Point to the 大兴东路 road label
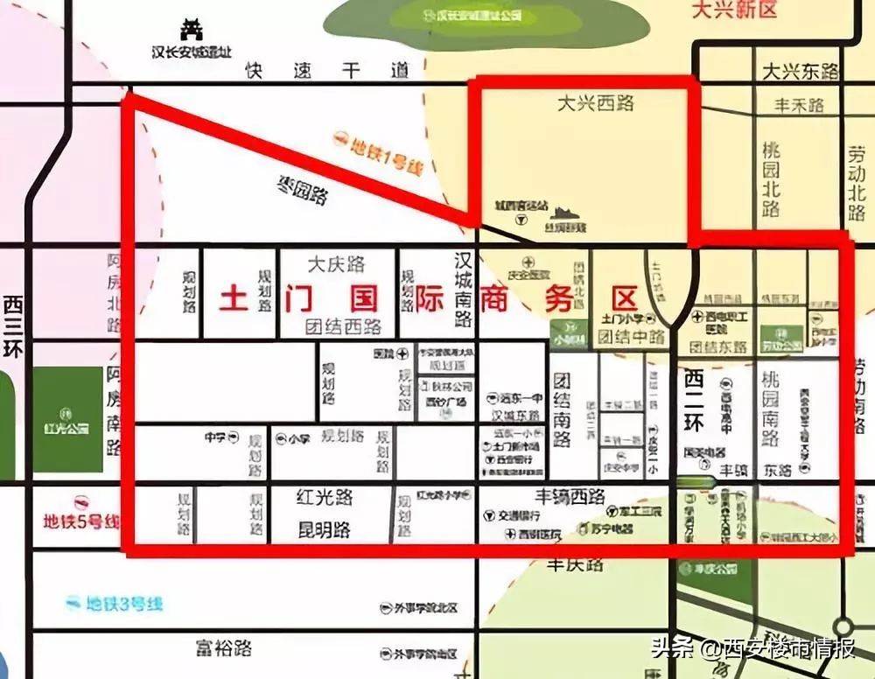[x=800, y=72]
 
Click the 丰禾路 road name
[x=799, y=106]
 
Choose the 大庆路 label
[x=336, y=263]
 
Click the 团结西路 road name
[x=343, y=326]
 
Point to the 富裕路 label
[x=223, y=648]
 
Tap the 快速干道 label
[x=327, y=71]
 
